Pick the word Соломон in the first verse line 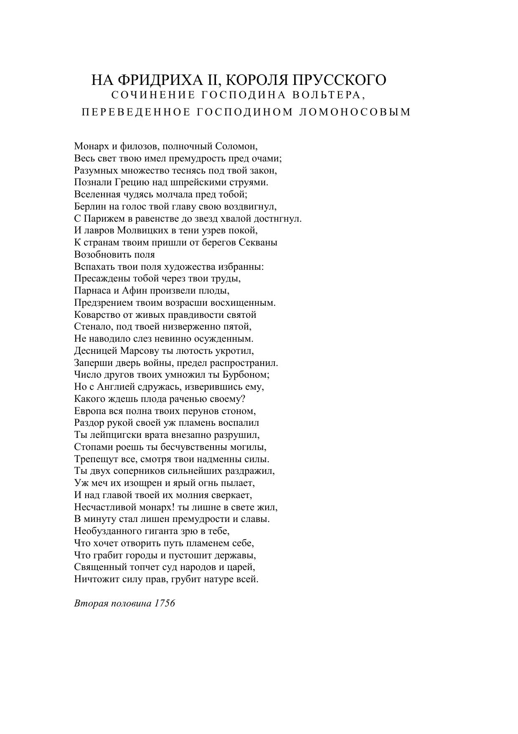tap(236, 146)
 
